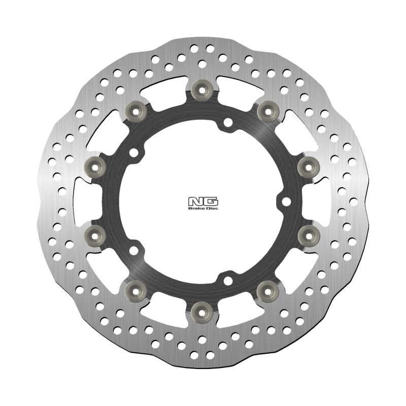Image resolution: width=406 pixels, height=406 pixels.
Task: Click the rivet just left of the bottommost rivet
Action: (x=136, y=290)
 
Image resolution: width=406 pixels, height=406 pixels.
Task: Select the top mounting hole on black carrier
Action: (x=228, y=122)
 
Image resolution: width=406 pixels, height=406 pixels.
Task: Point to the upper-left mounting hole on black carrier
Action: (x=134, y=152)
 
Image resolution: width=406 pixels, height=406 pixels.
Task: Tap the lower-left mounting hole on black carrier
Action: (x=134, y=250)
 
